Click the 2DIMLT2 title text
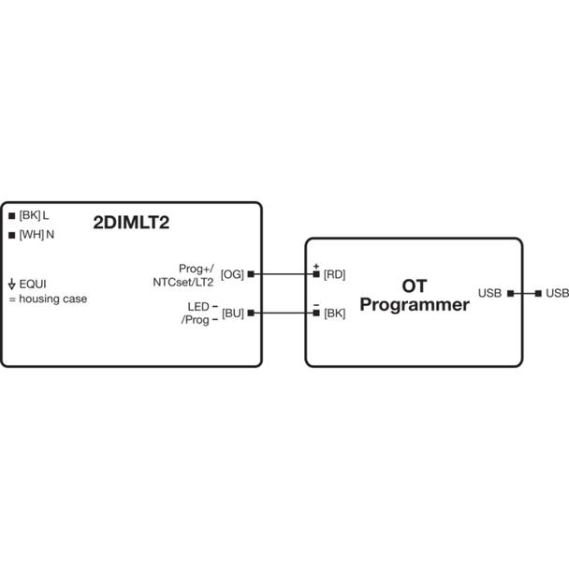(x=131, y=223)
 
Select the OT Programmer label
(x=415, y=296)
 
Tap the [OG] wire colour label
(x=232, y=274)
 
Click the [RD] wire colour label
(x=334, y=274)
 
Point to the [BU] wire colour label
(x=233, y=313)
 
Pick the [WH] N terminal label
(x=36, y=235)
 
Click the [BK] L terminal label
(x=34, y=215)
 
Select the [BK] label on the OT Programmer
(x=334, y=313)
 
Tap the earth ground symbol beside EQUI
(x=11, y=284)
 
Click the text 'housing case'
(x=53, y=299)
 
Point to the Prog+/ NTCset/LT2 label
(x=183, y=275)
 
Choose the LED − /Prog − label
(x=200, y=314)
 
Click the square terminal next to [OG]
(x=251, y=274)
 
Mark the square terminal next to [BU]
(x=251, y=313)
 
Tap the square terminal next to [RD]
(x=316, y=274)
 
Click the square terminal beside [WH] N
(x=11, y=236)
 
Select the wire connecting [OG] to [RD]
(x=284, y=274)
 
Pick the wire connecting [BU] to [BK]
(x=284, y=313)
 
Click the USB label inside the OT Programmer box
(x=489, y=293)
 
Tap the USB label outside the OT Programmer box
(x=558, y=293)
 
